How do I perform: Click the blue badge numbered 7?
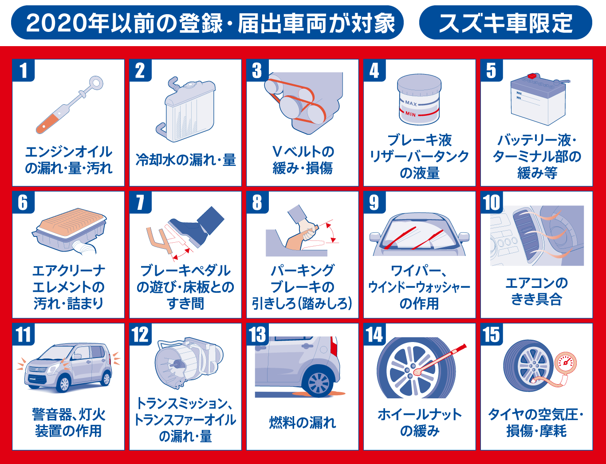point(141,202)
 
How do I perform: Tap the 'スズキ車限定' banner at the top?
point(506,22)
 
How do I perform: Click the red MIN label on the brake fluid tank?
point(410,114)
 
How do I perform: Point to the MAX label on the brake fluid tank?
point(411,103)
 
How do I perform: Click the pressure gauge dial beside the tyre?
point(565,363)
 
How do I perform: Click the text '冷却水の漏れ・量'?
point(186,160)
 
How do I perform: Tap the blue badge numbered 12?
point(141,334)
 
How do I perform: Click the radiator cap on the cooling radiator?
point(190,83)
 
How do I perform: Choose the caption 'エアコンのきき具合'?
point(536,291)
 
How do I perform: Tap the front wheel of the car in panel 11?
point(64,385)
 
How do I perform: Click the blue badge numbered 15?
point(492,334)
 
